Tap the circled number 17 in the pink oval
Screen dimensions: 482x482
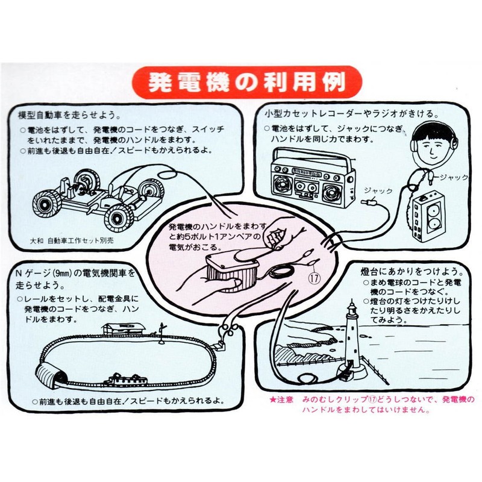(314, 278)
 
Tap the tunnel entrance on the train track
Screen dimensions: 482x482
(51, 377)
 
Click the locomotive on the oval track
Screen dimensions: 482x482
(126, 380)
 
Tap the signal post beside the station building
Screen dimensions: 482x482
(161, 329)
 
